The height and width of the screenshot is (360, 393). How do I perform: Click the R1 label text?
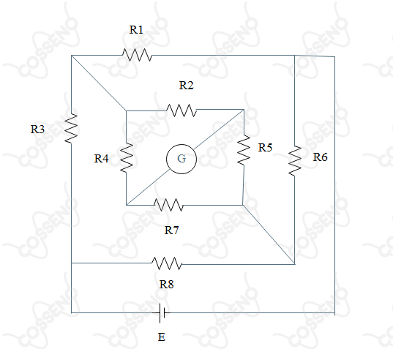click(136, 30)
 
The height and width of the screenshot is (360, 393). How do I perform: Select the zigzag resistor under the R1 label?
click(137, 55)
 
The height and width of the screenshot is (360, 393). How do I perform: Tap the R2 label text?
click(186, 86)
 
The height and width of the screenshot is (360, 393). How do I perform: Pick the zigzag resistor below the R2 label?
click(181, 110)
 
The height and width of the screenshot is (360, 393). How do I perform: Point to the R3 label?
click(37, 130)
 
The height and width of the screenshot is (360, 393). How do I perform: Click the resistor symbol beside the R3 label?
click(71, 129)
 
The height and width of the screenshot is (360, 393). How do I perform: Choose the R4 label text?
click(101, 159)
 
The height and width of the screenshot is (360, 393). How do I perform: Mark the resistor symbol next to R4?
click(127, 158)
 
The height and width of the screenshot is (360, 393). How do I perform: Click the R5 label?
click(265, 148)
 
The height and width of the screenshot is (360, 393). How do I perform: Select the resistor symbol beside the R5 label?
click(244, 150)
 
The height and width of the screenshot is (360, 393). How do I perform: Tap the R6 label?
click(320, 157)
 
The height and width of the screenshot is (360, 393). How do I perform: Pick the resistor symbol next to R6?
click(295, 161)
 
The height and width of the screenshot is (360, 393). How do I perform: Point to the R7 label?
click(172, 230)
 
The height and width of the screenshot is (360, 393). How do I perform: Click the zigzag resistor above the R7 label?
click(168, 205)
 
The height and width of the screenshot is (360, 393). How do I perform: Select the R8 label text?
click(167, 285)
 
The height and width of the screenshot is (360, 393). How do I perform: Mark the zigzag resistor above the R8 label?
click(167, 263)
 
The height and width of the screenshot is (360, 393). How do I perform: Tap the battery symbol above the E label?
click(162, 313)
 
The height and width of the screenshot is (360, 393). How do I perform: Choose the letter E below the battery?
click(162, 337)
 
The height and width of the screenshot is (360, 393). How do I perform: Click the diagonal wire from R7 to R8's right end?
click(269, 234)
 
